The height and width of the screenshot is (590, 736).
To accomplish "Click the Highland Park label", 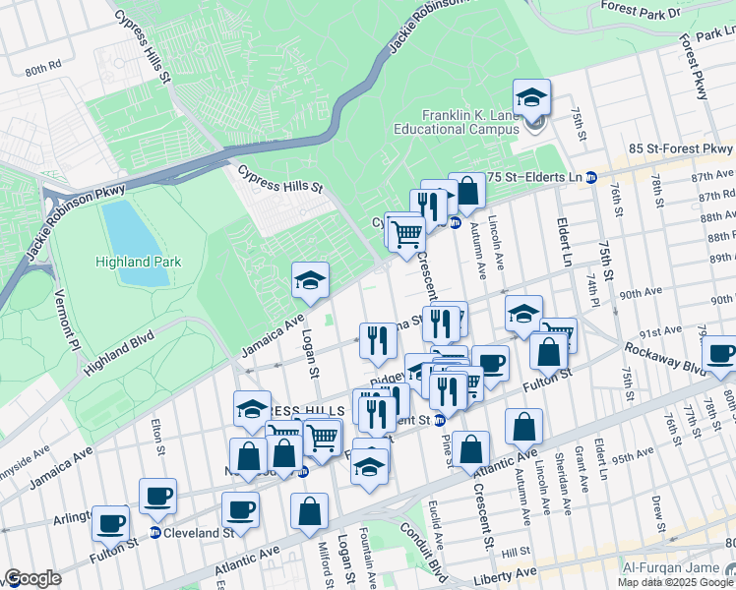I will [137, 262].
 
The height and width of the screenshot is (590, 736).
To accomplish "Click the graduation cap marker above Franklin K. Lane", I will [531, 98].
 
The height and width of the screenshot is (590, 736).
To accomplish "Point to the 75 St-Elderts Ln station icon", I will [591, 177].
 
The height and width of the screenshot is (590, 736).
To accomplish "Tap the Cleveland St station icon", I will [154, 533].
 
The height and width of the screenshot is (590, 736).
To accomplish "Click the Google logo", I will [32, 578].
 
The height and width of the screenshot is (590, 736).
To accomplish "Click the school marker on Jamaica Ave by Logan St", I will [310, 281].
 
